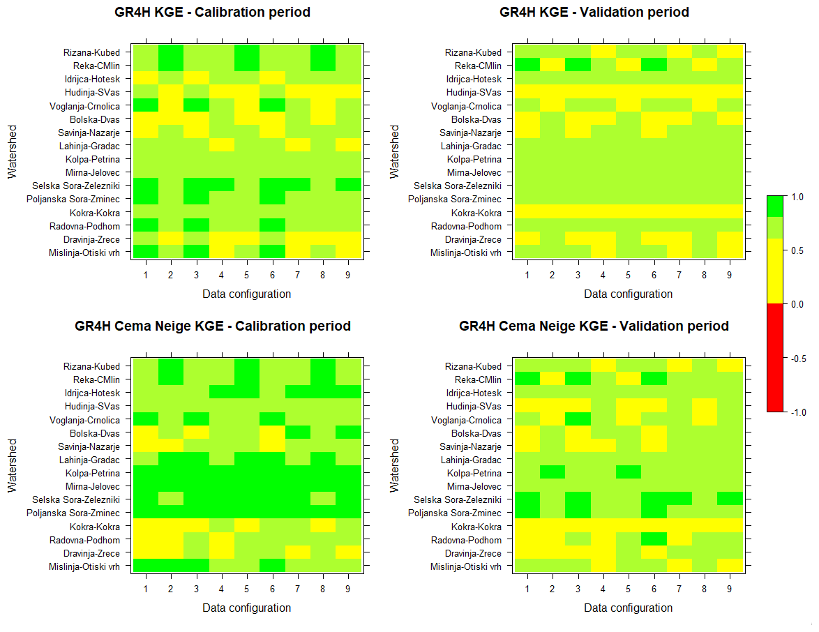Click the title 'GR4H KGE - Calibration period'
point(213,13)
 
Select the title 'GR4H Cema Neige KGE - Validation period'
point(594,326)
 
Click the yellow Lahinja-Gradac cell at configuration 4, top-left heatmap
point(221,146)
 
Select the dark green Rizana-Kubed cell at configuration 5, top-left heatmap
point(247,52)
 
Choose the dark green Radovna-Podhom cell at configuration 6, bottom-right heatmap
point(654,540)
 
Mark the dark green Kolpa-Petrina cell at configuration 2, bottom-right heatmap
point(552,473)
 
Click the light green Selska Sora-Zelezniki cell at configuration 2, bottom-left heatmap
point(170,499)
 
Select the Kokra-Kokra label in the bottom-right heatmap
point(476,527)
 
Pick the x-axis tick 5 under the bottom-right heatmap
point(629,590)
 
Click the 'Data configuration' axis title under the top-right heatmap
point(628,294)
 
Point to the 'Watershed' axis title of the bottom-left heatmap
point(13,466)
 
